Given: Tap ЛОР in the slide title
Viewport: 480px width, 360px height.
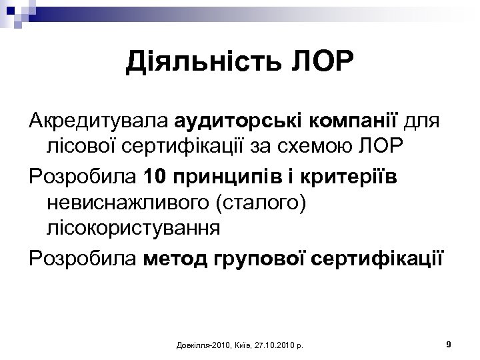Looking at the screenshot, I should coord(319,64).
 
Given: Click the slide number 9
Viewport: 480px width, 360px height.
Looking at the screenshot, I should coord(449,344).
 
